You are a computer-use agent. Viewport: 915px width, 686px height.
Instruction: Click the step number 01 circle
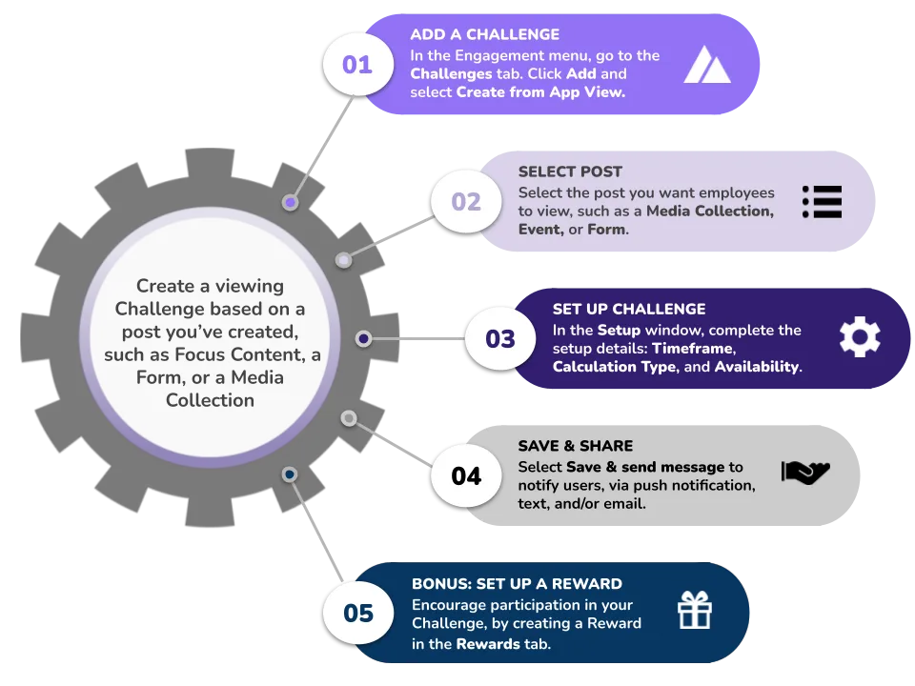[357, 64]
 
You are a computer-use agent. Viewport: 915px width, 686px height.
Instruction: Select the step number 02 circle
[466, 202]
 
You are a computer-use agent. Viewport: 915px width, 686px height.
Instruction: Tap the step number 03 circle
[500, 339]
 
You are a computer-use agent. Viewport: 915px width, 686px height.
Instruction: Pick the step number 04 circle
[466, 476]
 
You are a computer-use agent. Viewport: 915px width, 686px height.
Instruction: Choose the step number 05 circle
[357, 613]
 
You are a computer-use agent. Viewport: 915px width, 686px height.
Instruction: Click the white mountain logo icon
[706, 64]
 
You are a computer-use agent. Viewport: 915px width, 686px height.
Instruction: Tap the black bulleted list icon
[822, 202]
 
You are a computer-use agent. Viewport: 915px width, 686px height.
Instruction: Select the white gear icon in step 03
[860, 337]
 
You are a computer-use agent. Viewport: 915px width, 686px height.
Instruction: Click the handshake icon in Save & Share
[805, 472]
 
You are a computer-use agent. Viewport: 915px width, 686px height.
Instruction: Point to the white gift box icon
[695, 610]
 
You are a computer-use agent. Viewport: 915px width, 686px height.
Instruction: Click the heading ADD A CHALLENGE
[484, 34]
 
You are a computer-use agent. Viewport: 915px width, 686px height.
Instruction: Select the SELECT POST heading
[570, 171]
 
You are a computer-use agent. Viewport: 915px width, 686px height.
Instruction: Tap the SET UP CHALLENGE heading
[629, 309]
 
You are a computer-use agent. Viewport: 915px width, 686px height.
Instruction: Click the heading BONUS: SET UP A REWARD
[517, 584]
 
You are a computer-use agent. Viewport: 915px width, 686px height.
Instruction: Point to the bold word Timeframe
[693, 349]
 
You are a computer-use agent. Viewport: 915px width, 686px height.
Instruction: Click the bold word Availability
[758, 366]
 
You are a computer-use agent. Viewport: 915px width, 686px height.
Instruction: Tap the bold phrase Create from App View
[540, 92]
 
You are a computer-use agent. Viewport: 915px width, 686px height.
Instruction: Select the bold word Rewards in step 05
[488, 644]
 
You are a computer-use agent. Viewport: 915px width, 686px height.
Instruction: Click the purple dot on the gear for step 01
[290, 202]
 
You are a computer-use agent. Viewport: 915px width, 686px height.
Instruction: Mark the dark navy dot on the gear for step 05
[290, 474]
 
